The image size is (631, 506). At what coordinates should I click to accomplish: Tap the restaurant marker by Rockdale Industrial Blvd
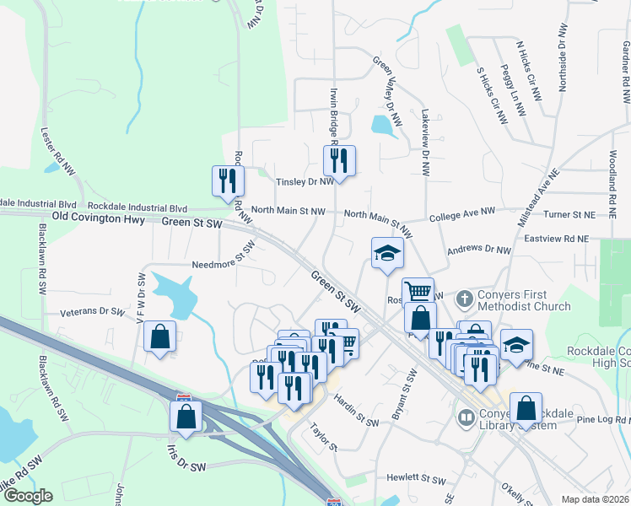pyautogui.click(x=228, y=180)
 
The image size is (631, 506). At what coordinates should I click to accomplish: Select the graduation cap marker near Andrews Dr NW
pyautogui.click(x=387, y=253)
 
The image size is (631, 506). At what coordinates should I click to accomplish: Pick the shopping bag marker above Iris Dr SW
pyautogui.click(x=186, y=417)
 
